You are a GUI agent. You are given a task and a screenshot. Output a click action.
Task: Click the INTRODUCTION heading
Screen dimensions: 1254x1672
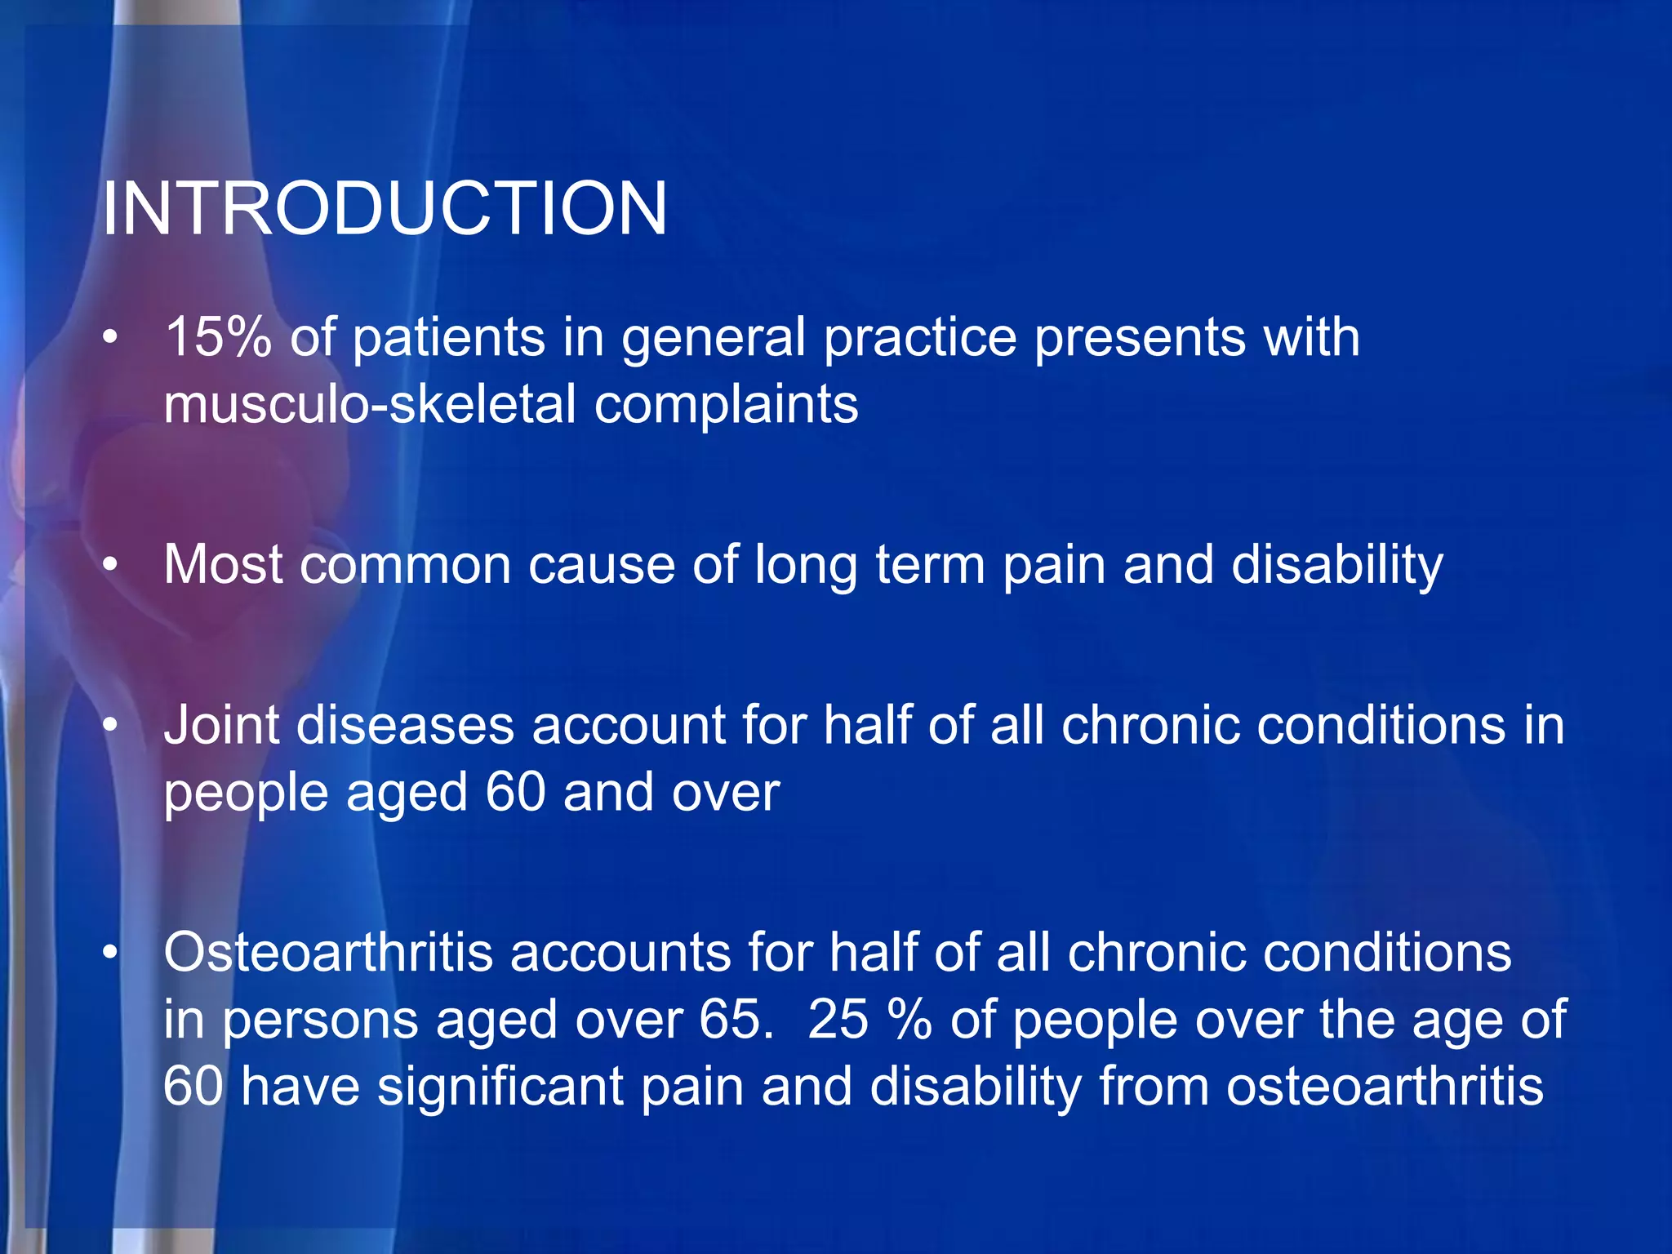pos(384,209)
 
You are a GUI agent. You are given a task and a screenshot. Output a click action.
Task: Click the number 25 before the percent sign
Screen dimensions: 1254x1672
pos(838,1020)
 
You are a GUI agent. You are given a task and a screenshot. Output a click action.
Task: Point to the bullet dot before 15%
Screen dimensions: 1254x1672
pos(111,338)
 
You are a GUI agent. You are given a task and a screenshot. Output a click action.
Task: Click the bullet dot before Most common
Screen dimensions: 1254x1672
pos(111,565)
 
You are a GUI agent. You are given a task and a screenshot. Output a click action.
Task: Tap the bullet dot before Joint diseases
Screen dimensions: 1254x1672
pos(111,726)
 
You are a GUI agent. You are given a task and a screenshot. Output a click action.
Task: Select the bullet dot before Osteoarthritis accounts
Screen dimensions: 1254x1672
pos(111,954)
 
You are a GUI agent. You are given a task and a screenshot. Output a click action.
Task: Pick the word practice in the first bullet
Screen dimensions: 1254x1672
pos(920,338)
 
